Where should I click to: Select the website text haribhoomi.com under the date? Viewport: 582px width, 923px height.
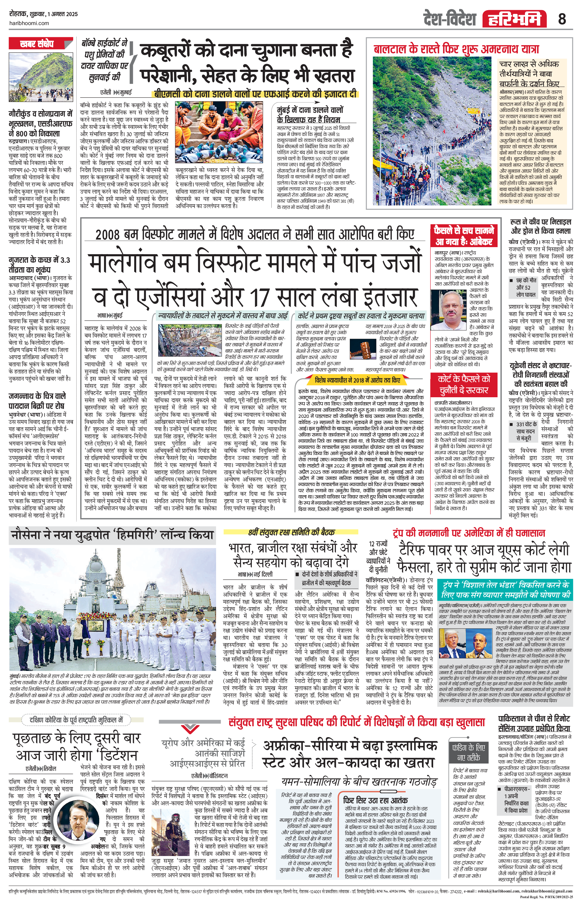coord(29,23)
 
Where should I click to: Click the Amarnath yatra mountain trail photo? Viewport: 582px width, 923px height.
coord(432,132)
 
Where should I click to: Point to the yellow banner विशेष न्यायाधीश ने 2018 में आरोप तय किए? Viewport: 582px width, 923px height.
coord(357,380)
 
